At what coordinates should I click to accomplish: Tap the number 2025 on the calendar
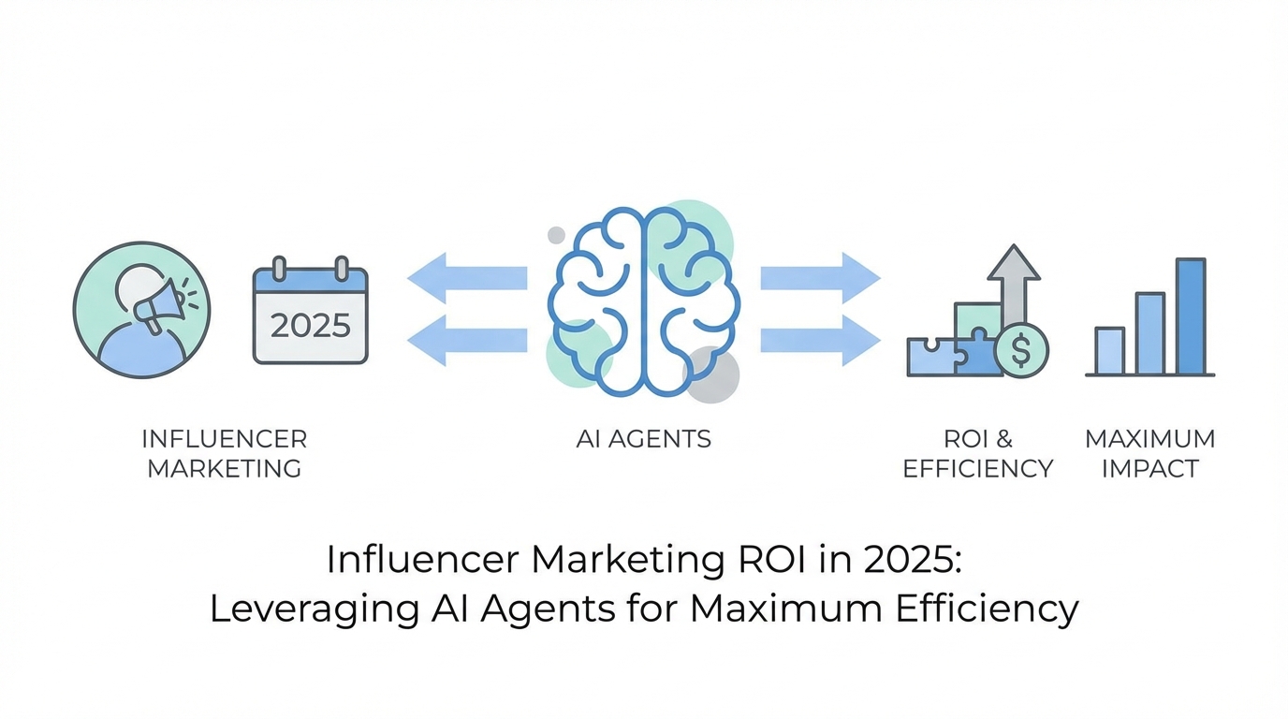click(310, 326)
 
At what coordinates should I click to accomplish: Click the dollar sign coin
click(1020, 351)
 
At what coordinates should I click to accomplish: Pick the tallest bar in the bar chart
click(1191, 316)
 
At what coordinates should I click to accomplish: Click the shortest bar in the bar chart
click(1110, 351)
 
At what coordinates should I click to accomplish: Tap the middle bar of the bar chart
click(1150, 333)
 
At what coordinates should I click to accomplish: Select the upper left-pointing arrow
click(467, 277)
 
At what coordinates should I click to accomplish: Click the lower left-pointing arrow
click(467, 340)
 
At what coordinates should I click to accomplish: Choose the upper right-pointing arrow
click(820, 277)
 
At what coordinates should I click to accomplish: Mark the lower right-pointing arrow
click(820, 340)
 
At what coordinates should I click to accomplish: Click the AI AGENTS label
click(644, 438)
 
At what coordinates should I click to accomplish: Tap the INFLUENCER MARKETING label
click(225, 453)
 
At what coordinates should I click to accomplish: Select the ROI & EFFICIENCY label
click(978, 453)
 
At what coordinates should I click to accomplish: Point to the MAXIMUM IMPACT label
click(1150, 453)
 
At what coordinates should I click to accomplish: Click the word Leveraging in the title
click(300, 609)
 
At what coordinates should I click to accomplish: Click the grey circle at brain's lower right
click(714, 374)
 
